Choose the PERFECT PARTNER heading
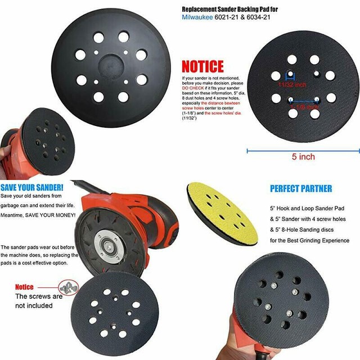[x=300, y=188]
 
